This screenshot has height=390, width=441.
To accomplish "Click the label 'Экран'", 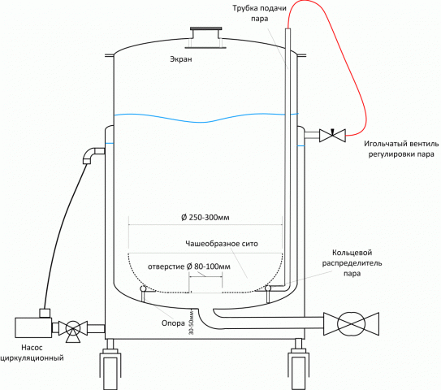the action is click(x=181, y=59).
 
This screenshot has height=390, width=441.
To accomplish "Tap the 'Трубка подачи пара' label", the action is click(x=259, y=13).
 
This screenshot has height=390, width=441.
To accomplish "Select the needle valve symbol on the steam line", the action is click(x=332, y=136).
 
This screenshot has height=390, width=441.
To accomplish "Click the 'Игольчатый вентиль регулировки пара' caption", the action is click(x=401, y=149).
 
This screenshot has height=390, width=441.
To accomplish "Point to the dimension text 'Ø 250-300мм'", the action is click(x=205, y=218).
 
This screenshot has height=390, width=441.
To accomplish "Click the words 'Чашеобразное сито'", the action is click(x=222, y=244).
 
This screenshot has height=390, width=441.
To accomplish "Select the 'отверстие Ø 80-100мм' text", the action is click(x=189, y=266).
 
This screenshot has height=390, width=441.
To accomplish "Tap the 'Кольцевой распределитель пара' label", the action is click(x=352, y=263).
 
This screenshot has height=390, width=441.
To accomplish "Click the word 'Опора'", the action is click(x=173, y=323).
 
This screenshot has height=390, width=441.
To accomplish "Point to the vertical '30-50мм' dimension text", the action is click(x=192, y=323).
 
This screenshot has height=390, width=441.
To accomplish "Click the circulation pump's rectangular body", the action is click(x=33, y=327).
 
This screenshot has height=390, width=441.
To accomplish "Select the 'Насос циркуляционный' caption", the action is click(x=32, y=353).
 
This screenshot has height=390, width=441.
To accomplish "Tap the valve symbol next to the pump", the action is click(x=73, y=329).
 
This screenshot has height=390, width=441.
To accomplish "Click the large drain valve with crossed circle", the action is click(x=352, y=324).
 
